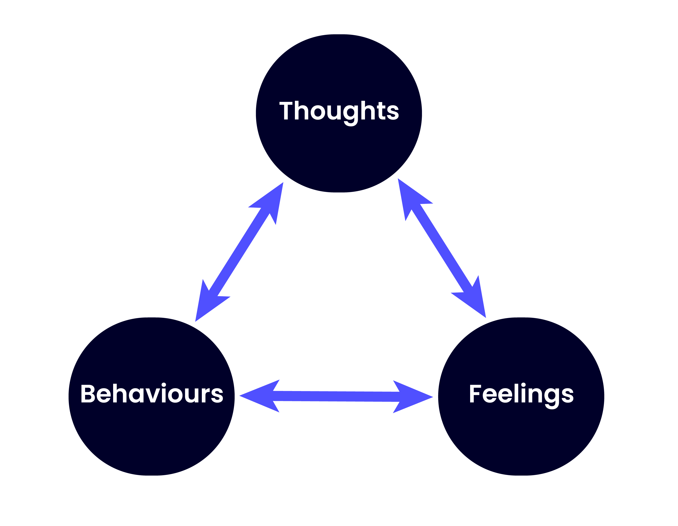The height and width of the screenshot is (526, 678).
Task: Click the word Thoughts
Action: [x=339, y=111]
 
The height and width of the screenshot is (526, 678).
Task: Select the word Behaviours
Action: [x=152, y=394]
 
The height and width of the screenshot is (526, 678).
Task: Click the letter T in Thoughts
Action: [x=286, y=110]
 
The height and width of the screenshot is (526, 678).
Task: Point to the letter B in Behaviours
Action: [x=87, y=394]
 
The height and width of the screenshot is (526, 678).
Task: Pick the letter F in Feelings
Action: [x=475, y=394]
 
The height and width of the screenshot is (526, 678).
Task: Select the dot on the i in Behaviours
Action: [x=164, y=385]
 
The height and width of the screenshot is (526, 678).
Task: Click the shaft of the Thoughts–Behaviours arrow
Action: [x=239, y=252]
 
